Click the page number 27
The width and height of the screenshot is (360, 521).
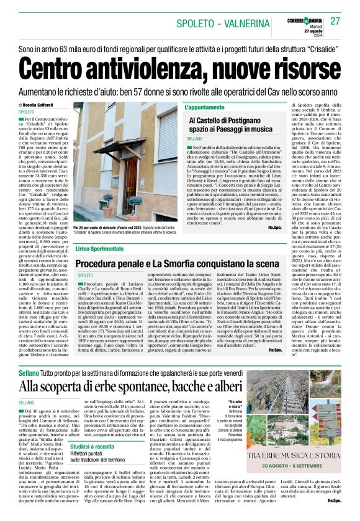pyautogui.click(x=335, y=21)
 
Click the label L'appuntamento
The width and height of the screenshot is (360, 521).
pyautogui.click(x=205, y=107)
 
